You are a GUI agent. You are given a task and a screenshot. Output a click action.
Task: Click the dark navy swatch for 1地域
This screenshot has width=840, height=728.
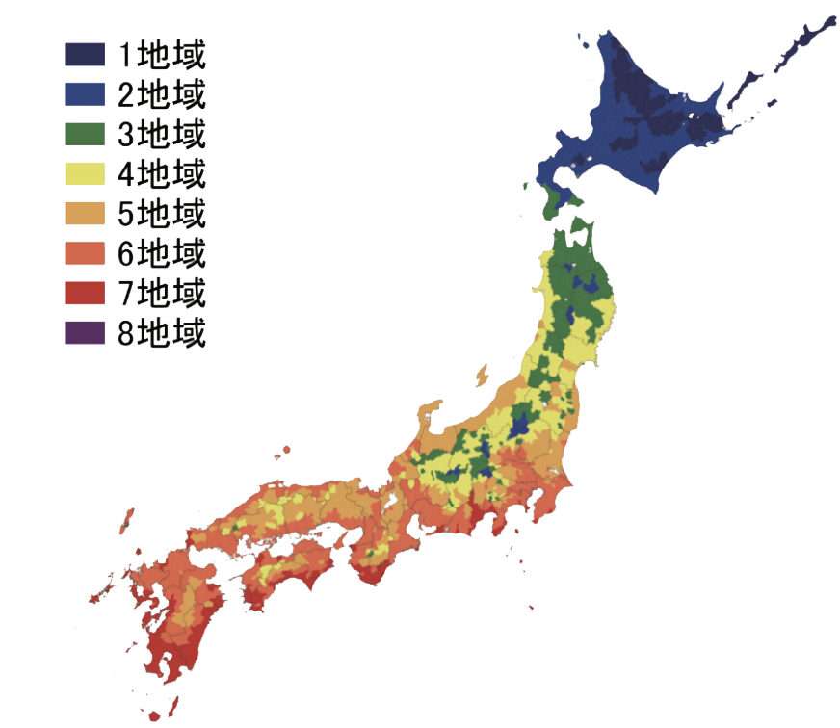pos(85,54)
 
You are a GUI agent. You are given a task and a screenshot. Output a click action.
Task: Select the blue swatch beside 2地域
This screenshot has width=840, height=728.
pos(85,93)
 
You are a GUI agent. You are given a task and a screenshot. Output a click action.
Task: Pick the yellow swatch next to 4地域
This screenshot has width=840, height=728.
pos(85,174)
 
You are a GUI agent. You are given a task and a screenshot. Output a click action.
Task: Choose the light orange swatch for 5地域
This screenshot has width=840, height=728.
pos(85,214)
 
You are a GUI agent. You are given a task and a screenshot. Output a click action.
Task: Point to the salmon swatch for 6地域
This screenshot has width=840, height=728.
pos(85,254)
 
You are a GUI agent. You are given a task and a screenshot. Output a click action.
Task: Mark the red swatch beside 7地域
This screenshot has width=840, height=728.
pos(85,294)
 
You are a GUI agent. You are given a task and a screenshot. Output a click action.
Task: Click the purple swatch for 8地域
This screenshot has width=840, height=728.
pos(85,333)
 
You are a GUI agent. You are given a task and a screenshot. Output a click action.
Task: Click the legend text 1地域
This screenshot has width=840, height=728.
pos(161,54)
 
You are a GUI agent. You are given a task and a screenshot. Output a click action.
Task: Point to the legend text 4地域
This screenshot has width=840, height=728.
pos(161,174)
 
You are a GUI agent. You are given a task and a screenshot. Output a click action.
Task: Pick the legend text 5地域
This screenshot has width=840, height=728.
pos(161,214)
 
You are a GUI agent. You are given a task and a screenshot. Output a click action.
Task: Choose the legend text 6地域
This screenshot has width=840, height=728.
pos(161,254)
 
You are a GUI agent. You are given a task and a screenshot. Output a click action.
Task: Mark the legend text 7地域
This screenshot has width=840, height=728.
pos(161,294)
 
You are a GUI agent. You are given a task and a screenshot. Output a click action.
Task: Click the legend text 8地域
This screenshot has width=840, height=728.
pos(161,333)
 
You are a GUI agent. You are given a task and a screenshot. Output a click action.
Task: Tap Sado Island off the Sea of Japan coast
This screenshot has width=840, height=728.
pos(481,374)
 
